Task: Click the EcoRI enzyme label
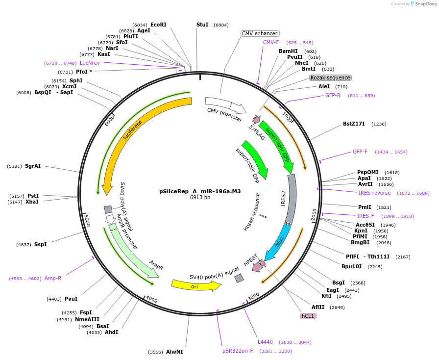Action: point(158,25)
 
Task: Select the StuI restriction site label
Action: point(202,25)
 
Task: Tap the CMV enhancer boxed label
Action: point(260,33)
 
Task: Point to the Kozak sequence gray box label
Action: point(330,77)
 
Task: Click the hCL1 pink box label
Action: point(308,316)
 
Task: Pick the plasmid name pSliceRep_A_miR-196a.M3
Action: point(200,192)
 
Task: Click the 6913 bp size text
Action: point(200,198)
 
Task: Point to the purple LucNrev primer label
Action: point(90,63)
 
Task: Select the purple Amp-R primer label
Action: point(53,278)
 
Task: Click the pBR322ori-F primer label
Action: point(238,351)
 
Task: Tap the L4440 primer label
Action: point(265,342)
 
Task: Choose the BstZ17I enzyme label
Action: point(354,124)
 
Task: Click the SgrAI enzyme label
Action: point(33,166)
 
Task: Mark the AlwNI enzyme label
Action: point(174,352)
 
